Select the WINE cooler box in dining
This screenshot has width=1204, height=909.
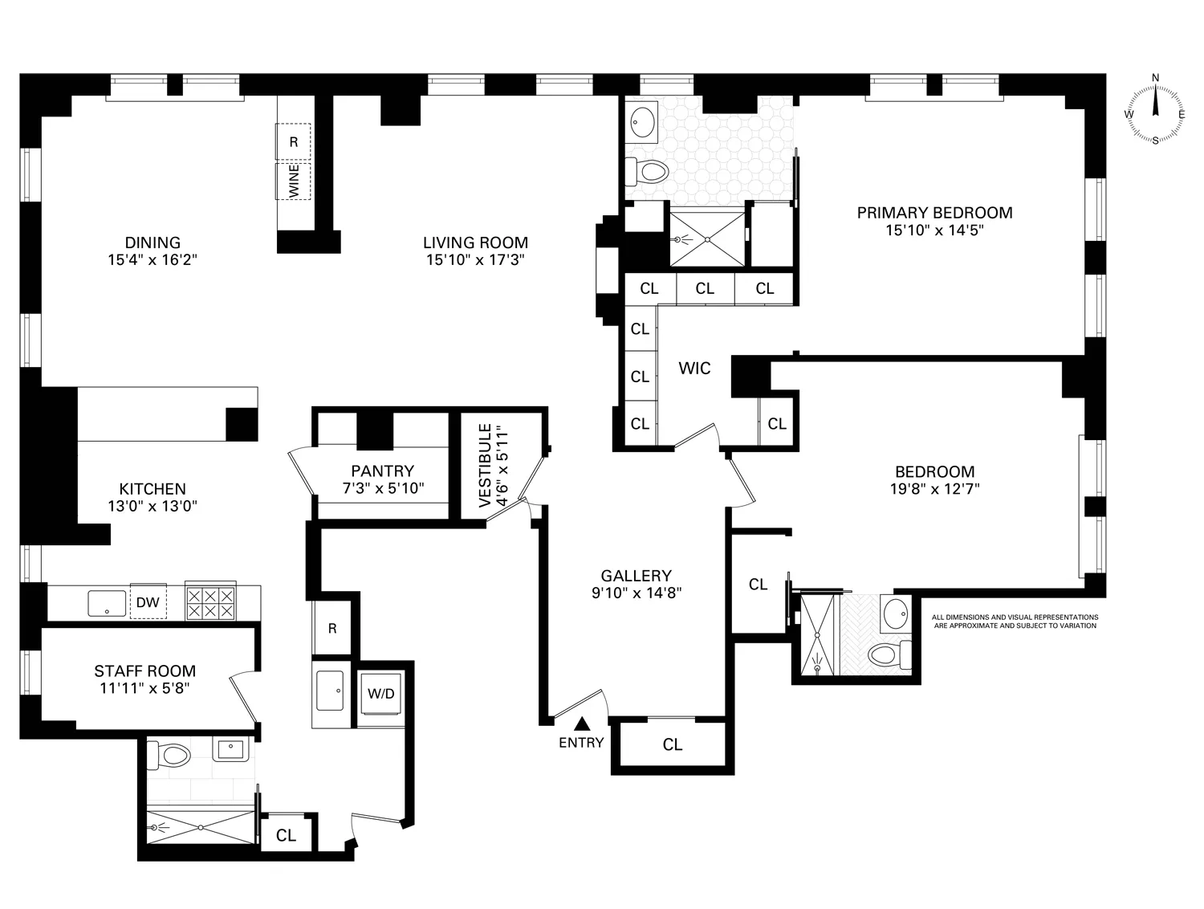[294, 181]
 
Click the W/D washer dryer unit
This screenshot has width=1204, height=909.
[381, 693]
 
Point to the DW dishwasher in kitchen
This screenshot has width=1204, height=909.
[147, 602]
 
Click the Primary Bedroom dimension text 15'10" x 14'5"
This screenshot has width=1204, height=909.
[934, 230]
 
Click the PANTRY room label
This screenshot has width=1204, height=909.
[382, 471]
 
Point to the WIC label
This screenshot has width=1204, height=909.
[694, 369]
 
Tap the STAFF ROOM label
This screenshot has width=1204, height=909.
[144, 671]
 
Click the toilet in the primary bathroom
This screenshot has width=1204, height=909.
[647, 171]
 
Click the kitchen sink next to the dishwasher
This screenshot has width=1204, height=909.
[107, 603]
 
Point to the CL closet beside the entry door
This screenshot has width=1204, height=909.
[673, 745]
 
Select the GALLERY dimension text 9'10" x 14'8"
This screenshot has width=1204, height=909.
[637, 593]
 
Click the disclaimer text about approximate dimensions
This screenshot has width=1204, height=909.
[1014, 622]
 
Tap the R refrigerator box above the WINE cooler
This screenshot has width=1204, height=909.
[294, 142]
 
